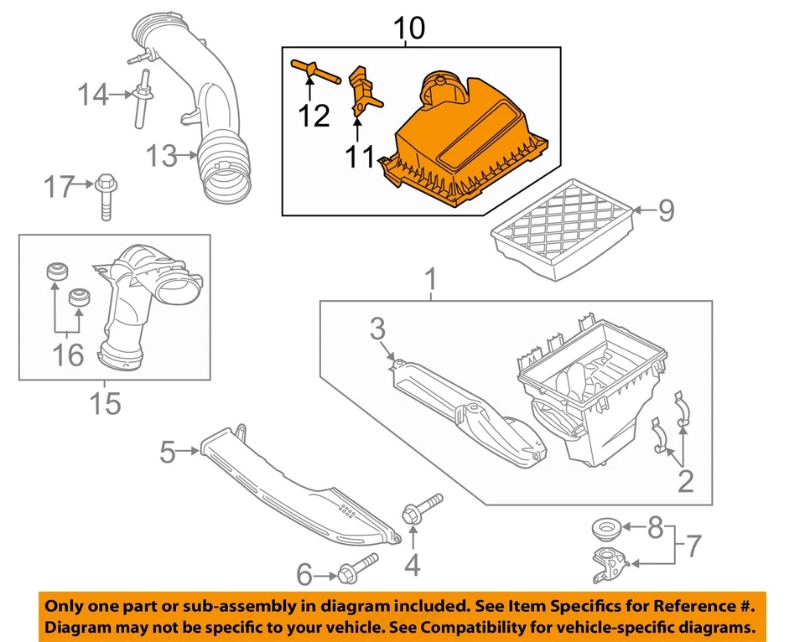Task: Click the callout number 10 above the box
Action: (410, 28)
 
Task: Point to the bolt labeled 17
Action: (106, 194)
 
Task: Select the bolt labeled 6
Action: (358, 569)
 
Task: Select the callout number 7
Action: (693, 549)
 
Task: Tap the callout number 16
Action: (70, 355)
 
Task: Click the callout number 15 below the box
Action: (106, 404)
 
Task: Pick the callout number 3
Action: (378, 329)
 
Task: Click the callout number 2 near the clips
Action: (685, 481)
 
